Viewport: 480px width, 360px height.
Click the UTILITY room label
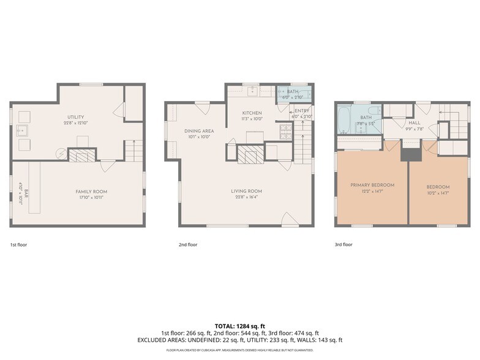point(76,117)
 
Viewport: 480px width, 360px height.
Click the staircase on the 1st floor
point(133,150)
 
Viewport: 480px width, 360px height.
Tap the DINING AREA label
point(199,131)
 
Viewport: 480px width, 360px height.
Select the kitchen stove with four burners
point(285,130)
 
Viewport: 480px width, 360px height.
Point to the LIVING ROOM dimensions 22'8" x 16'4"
point(246,198)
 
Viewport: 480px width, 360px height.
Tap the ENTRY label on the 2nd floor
point(302,111)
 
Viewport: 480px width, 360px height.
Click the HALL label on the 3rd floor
point(414,122)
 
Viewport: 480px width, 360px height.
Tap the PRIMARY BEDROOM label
point(372,185)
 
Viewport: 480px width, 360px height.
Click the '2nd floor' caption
point(187,244)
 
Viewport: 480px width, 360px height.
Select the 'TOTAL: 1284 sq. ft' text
point(240,325)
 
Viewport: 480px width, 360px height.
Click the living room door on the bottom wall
point(290,219)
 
